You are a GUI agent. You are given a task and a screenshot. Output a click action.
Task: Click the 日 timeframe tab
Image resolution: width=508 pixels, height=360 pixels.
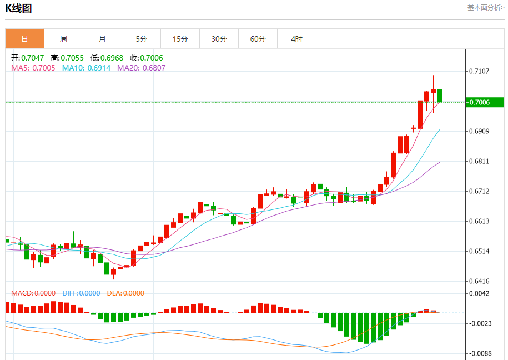point(24,39)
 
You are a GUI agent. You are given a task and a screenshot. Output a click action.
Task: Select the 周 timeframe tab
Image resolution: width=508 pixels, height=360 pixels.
point(63,39)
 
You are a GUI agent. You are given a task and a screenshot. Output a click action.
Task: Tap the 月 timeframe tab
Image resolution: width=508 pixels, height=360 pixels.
point(102,39)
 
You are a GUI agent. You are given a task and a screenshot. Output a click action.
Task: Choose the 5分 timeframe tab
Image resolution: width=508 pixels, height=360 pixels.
point(141,39)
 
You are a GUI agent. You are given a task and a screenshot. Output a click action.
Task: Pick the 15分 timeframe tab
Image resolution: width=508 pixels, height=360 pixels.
point(180,39)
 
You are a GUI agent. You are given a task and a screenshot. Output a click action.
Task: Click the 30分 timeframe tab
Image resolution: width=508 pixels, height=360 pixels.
point(219,39)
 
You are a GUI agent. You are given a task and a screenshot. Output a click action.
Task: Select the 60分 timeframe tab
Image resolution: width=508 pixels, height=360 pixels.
point(258,39)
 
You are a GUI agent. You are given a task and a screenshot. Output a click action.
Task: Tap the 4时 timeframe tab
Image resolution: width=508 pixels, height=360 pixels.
point(296,39)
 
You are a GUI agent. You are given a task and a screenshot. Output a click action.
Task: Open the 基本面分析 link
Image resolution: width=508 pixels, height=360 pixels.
point(485,8)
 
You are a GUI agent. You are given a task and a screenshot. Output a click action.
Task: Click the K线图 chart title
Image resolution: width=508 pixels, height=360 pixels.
point(19,8)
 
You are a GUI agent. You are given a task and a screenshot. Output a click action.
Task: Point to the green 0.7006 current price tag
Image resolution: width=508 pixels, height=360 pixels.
point(484,102)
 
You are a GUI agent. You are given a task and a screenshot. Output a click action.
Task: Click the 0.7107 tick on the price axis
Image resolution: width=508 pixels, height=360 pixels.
point(479,71)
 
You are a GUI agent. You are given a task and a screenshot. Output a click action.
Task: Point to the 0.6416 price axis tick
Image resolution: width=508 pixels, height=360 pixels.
point(479,281)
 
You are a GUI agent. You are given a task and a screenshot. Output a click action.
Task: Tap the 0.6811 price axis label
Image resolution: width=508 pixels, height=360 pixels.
point(479,161)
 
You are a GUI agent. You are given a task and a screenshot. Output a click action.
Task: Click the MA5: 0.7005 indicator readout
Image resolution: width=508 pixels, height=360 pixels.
point(33,68)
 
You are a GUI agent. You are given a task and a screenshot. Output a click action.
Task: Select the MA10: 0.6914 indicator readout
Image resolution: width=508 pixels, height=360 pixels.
point(86,68)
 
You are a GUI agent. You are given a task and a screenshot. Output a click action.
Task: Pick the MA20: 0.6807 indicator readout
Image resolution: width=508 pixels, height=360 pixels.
point(141,68)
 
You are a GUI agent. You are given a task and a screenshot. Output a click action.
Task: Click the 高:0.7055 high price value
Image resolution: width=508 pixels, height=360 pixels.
point(67,58)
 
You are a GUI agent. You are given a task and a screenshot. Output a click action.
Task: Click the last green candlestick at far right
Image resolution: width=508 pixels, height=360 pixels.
point(440,96)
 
